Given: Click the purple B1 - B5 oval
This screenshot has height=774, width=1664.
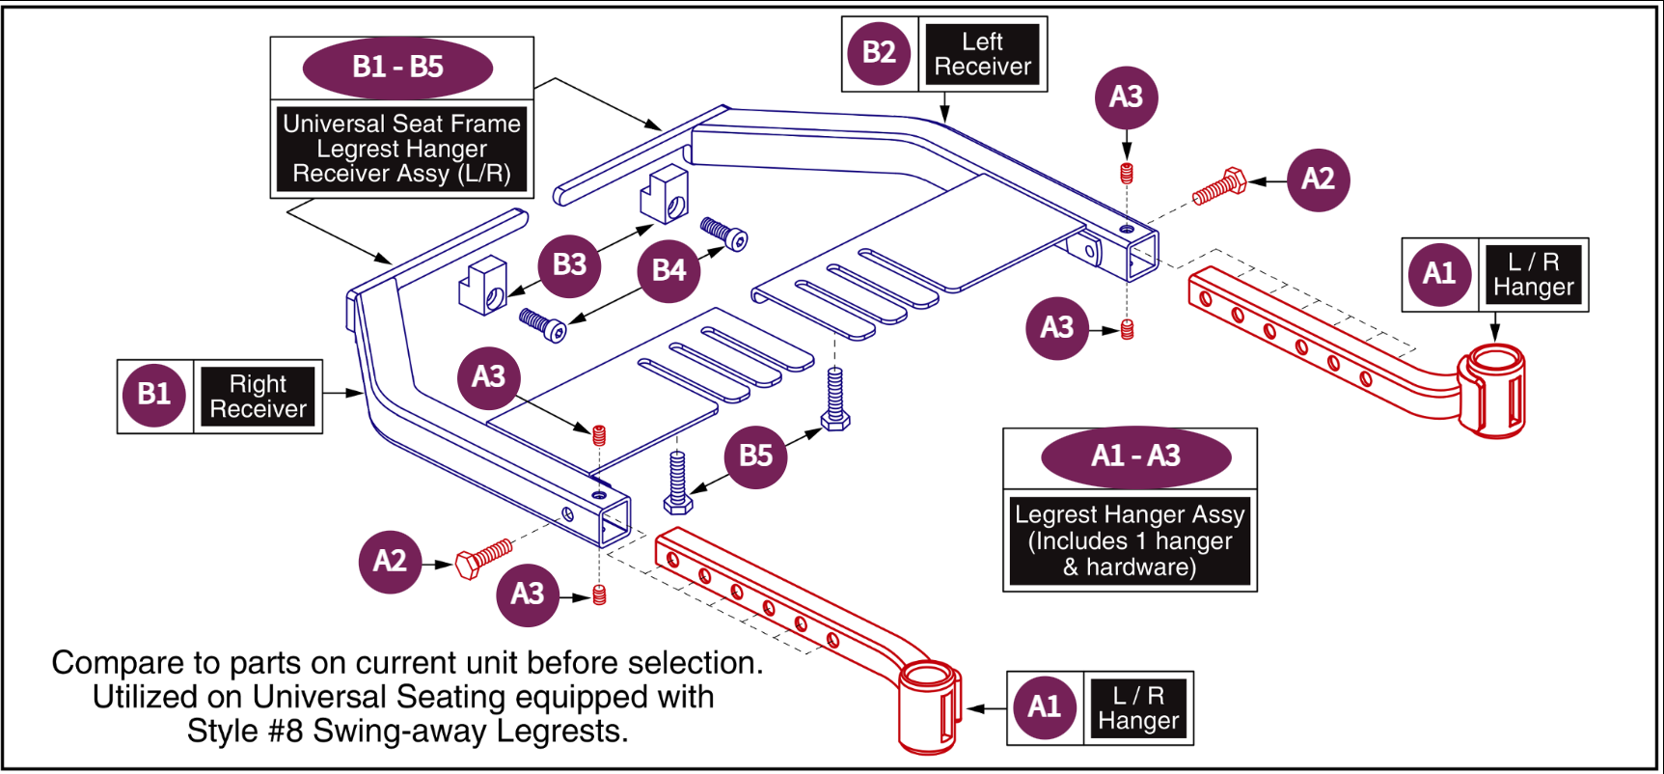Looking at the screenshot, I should (397, 68).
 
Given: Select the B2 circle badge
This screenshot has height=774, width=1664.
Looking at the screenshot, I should (879, 53).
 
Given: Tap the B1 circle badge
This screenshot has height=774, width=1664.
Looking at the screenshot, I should (154, 395).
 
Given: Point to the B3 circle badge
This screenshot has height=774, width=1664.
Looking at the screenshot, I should (569, 265).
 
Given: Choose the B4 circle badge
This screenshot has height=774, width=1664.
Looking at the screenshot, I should (668, 270).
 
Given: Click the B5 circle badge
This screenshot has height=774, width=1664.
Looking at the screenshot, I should (755, 456).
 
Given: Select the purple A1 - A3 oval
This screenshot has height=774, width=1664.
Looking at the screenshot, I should (1135, 456).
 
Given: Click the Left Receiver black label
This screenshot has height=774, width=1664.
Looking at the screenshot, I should (982, 55).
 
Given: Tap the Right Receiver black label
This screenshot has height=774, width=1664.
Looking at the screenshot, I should (258, 397).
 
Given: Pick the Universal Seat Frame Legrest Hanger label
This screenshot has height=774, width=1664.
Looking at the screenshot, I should (401, 149).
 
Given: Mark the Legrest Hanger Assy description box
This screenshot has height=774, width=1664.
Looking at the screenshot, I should (1130, 540).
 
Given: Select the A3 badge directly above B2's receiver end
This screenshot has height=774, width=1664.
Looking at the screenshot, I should (1126, 97).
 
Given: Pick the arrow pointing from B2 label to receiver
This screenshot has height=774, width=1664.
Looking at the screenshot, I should (945, 106).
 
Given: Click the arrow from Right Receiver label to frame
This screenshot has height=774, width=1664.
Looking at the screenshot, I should (343, 394).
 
